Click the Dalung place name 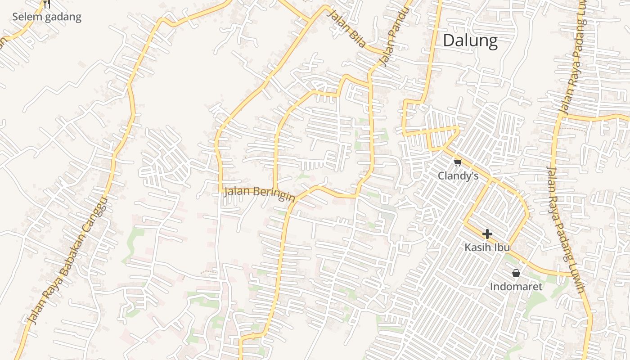[470, 40]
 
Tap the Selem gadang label [47, 17]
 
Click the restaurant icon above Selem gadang [47, 4]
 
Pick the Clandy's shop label [458, 175]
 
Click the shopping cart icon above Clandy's [458, 162]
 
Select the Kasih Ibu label [487, 247]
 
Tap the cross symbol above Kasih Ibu [487, 234]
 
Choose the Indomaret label [516, 287]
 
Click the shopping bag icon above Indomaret [516, 273]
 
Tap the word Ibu [501, 247]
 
